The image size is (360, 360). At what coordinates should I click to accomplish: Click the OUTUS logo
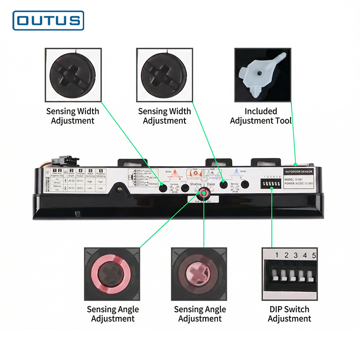click(49, 20)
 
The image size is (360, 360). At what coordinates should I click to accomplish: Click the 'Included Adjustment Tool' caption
click(261, 116)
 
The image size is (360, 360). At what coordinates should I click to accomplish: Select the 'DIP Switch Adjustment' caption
click(289, 314)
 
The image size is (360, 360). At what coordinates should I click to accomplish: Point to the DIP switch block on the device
click(271, 185)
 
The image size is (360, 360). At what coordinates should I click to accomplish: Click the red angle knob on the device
click(204, 193)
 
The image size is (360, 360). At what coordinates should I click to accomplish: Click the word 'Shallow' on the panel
click(195, 184)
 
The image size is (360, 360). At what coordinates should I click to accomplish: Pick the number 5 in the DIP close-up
click(314, 256)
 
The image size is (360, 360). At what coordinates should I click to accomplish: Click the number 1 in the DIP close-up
click(277, 256)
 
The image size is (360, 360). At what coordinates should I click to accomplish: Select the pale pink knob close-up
click(198, 274)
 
